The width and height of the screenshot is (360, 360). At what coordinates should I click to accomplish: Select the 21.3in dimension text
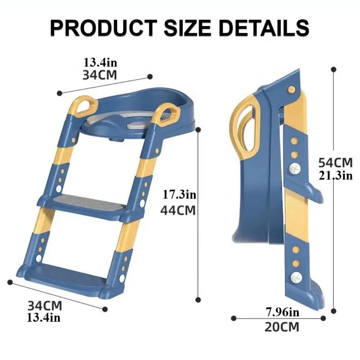tap(335, 175)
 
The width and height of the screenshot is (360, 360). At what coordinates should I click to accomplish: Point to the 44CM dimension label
tap(178, 210)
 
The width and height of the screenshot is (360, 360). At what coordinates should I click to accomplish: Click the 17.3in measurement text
tap(180, 195)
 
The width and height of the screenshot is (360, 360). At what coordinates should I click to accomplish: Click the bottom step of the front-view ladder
tap(63, 274)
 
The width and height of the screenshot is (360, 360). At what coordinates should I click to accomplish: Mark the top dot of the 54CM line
tap(333, 69)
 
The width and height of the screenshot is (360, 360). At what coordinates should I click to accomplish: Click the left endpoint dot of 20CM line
tap(234, 318)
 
